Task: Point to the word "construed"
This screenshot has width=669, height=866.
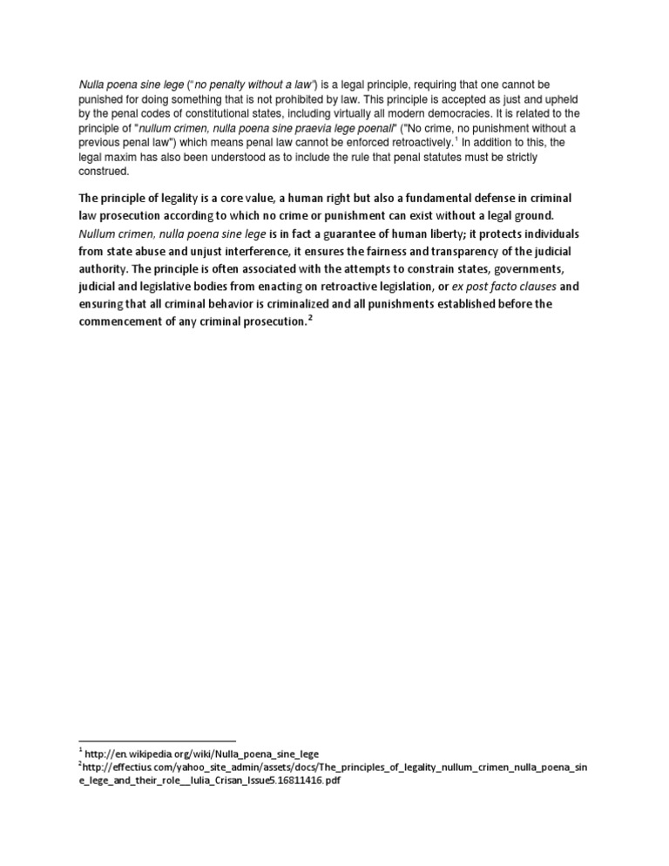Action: coord(103,171)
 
